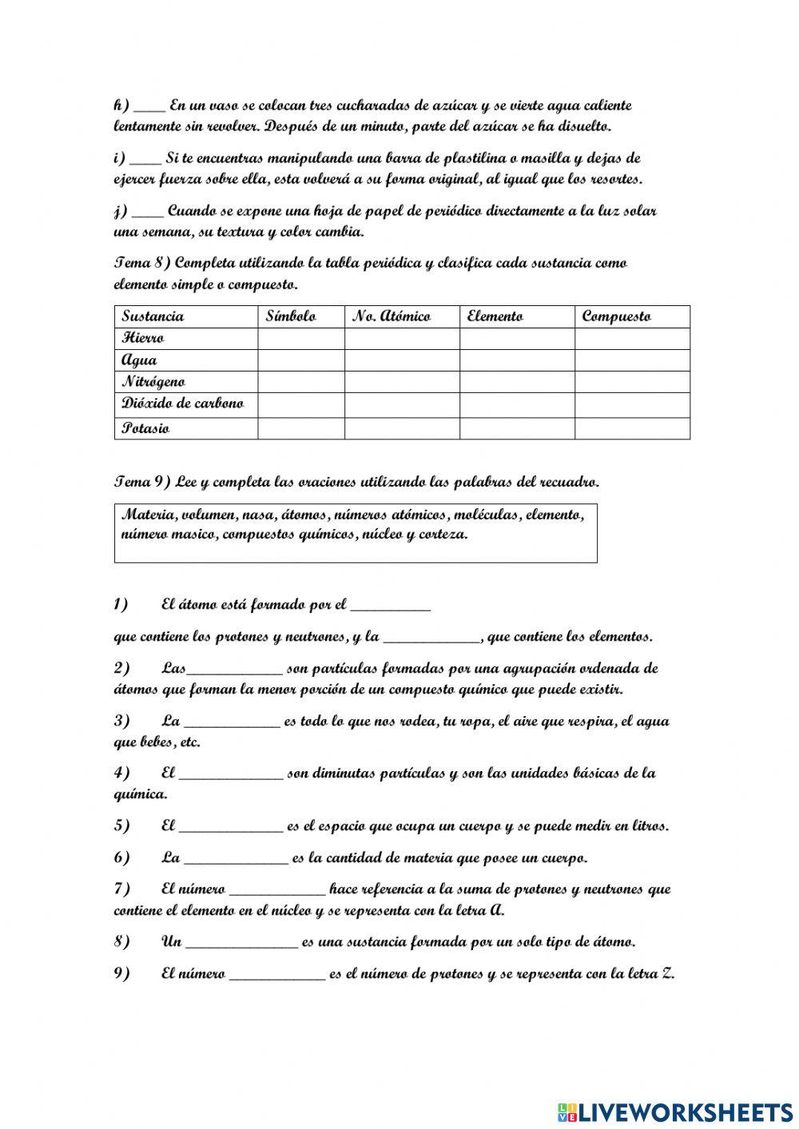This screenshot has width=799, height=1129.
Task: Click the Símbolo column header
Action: pos(291,316)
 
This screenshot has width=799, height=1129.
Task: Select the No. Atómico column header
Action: pos(392,316)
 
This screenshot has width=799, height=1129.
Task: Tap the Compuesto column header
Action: pos(616,316)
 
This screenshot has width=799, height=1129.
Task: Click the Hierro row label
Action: pos(143,339)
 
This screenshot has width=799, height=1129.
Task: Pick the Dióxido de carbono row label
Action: pos(182,403)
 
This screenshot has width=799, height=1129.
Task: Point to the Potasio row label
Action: pos(145,428)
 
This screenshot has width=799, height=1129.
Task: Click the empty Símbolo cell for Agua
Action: pos(301,360)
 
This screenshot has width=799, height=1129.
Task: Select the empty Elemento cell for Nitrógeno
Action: pos(517,382)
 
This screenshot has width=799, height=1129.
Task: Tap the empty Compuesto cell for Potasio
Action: pos(632,428)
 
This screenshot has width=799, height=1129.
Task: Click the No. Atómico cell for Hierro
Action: pos(402,339)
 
